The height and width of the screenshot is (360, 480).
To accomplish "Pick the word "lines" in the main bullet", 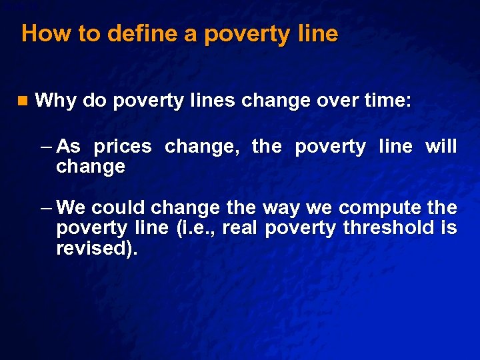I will pyautogui.click(x=210, y=101).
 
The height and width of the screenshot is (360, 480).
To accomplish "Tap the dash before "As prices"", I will pyautogui.click(x=46, y=147).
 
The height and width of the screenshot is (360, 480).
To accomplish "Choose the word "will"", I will pyautogui.click(x=441, y=147).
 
